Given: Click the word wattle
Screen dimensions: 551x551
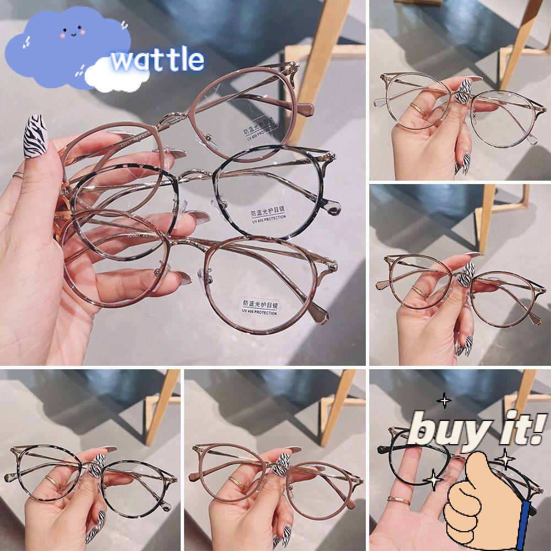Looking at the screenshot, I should [x=158, y=60].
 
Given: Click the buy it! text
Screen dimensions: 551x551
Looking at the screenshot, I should [x=477, y=429].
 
